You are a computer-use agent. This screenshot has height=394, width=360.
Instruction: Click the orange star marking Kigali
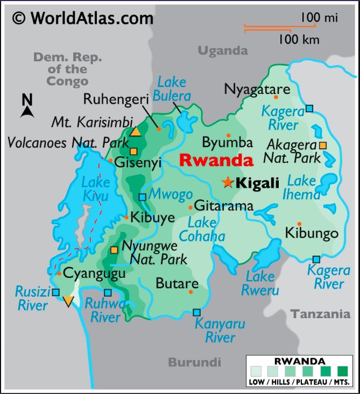pyautogui.click(x=228, y=183)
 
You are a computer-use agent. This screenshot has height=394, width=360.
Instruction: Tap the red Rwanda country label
pyautogui.click(x=215, y=160)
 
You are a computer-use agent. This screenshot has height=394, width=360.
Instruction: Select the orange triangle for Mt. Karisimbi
pyautogui.click(x=136, y=132)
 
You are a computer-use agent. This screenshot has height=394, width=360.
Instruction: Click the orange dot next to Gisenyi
pyautogui.click(x=110, y=160)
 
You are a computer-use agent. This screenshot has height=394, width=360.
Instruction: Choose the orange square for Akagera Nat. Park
pyautogui.click(x=322, y=145)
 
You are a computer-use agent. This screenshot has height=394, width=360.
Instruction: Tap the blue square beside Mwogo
pyautogui.click(x=142, y=197)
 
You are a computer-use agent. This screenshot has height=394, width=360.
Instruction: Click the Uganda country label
pyautogui.click(x=223, y=51)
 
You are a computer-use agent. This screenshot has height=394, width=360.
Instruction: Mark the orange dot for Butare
pyautogui.click(x=191, y=292)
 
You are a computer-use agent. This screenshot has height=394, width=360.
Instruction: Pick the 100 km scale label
pyautogui.click(x=299, y=39)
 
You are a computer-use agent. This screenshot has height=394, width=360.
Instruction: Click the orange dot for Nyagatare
pyautogui.click(x=276, y=97)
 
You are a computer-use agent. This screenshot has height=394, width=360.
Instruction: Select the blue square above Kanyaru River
pyautogui.click(x=196, y=312)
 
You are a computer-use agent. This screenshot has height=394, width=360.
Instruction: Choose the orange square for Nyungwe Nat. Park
pyautogui.click(x=114, y=250)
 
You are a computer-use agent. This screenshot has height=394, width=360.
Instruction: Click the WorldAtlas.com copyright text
pyautogui.click(x=83, y=18)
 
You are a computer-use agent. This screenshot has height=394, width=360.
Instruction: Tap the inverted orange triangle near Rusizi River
pyautogui.click(x=68, y=301)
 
